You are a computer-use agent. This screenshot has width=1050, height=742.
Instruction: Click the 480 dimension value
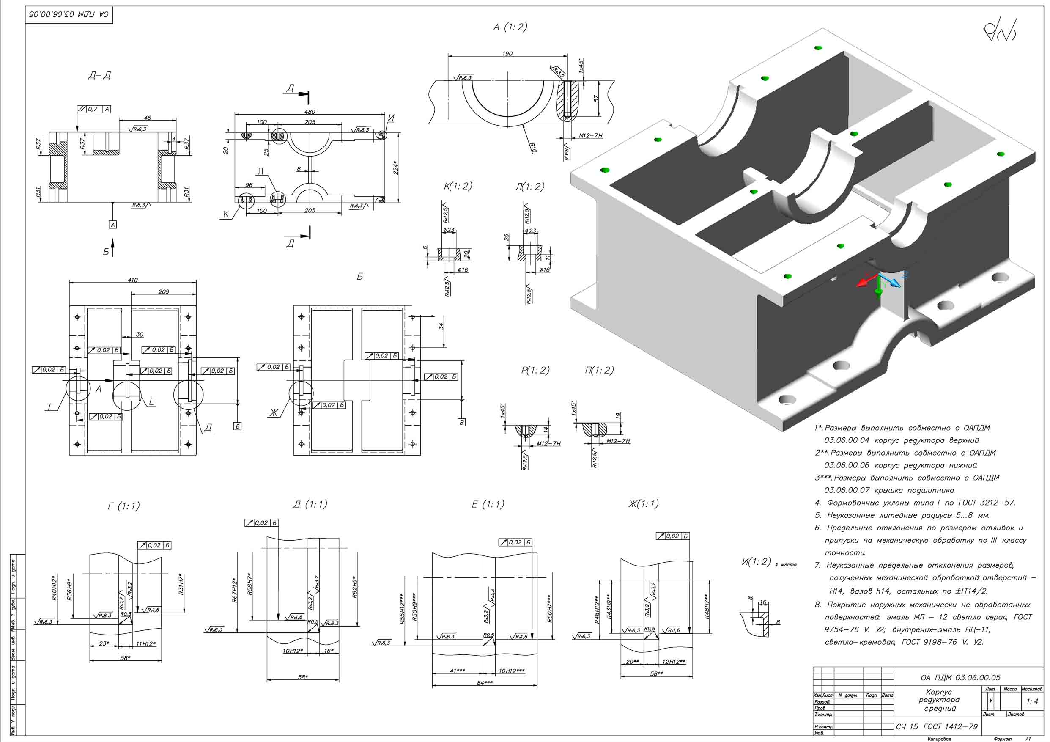(310, 112)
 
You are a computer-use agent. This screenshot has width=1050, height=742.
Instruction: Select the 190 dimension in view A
(507, 54)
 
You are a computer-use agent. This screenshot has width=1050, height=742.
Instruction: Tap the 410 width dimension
(133, 280)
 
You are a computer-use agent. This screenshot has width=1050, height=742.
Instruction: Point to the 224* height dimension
(396, 168)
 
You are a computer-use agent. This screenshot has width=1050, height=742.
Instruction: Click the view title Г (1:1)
(123, 506)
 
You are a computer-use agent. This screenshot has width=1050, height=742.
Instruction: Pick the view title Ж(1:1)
(643, 504)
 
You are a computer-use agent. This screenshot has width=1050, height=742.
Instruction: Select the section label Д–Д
(99, 75)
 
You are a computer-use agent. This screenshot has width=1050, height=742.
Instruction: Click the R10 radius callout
(532, 147)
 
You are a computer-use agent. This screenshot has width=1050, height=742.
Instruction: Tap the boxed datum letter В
(461, 422)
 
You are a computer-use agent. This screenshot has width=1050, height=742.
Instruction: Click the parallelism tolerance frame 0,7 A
(94, 109)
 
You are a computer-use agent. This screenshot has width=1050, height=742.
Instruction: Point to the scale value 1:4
(1032, 701)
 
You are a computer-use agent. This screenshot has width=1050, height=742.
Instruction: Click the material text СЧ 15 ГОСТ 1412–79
(937, 726)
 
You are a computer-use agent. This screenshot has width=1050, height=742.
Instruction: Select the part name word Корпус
(938, 692)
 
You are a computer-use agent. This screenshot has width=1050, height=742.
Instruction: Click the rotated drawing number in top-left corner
(69, 14)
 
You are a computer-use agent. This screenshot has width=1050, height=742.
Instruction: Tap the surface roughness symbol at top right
(1000, 30)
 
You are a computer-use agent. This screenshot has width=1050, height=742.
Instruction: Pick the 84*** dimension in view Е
(484, 682)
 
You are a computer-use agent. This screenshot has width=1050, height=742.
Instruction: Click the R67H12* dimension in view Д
(235, 590)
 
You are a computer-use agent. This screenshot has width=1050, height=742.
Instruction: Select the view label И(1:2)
(756, 562)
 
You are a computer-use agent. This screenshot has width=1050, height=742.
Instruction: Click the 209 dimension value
(163, 291)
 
